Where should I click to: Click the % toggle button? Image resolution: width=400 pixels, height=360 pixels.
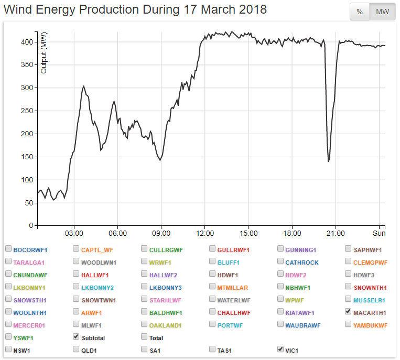(360, 12)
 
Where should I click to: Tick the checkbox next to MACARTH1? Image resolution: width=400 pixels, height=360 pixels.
(349, 311)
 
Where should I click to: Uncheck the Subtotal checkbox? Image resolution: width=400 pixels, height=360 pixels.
(76, 336)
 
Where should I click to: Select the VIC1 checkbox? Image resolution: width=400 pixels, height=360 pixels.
(280, 349)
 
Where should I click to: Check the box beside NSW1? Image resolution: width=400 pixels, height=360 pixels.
(8, 349)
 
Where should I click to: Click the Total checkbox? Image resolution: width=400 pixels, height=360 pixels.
(144, 336)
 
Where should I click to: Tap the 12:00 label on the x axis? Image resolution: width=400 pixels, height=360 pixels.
(204, 233)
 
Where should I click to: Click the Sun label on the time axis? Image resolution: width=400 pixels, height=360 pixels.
(379, 233)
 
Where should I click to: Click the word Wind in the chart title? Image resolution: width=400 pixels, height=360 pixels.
(17, 10)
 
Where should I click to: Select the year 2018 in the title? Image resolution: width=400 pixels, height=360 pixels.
(251, 10)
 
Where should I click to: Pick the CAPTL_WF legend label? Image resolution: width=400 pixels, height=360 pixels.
(96, 250)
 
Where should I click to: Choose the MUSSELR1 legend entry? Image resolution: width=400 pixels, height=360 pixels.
(369, 300)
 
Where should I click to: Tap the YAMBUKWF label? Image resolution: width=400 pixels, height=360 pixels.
(370, 325)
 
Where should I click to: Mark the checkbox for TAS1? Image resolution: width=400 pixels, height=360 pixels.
(212, 349)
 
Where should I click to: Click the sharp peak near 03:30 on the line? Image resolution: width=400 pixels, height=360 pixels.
(84, 86)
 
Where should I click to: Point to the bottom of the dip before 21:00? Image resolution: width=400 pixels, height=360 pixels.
(328, 161)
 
